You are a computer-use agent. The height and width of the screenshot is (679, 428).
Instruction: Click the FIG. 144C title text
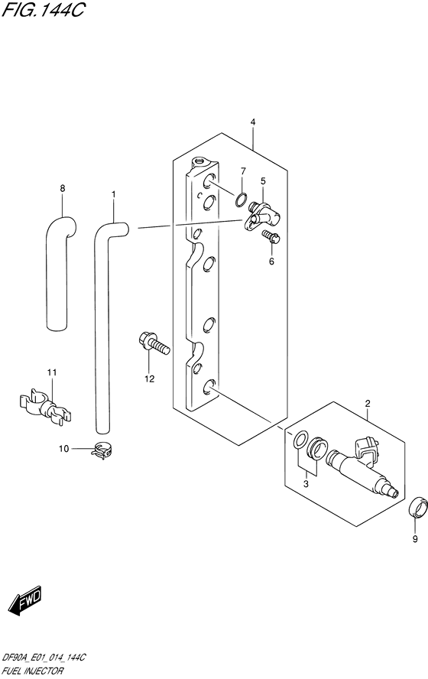pos(43,9)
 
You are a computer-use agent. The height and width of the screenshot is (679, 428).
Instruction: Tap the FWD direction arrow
pos(25,599)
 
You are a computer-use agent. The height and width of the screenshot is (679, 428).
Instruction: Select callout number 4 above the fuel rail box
pos(253,122)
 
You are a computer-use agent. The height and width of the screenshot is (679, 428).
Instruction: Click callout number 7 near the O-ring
pos(243,171)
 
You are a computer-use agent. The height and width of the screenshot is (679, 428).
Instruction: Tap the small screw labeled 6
pos(271,237)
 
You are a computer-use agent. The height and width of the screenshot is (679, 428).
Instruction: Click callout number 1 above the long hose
pos(113,194)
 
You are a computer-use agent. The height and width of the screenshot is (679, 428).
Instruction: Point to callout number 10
pos(63,449)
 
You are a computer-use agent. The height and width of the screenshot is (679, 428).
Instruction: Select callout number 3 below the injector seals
pos(306,484)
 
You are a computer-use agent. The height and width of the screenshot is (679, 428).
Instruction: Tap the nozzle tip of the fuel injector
pos(394,493)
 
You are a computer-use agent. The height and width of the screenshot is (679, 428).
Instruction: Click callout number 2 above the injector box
pos(368,404)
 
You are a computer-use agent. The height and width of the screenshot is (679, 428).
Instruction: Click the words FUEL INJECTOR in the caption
pos(32,671)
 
